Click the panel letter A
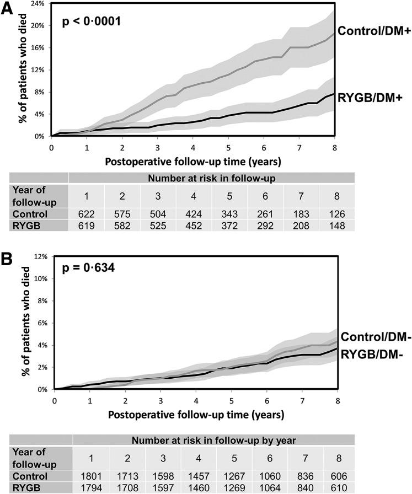click(x=8, y=10)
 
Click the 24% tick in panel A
click(x=40, y=3)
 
